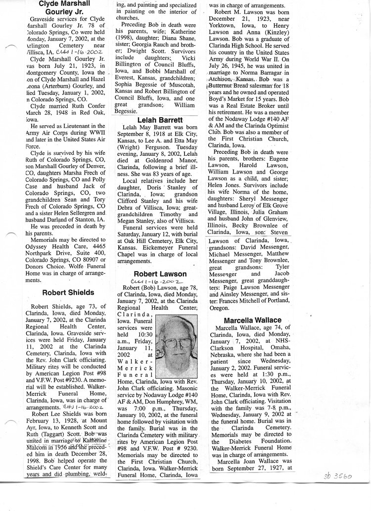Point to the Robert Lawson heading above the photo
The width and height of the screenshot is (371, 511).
[x=160, y=274]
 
